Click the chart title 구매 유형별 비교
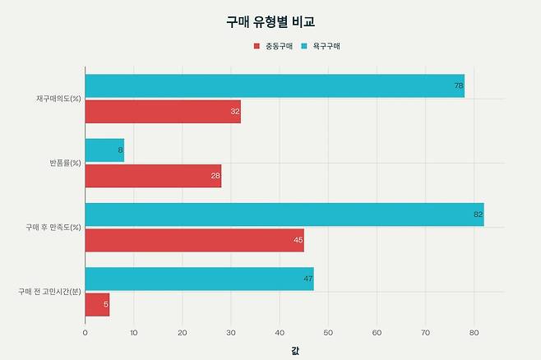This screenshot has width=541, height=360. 270,21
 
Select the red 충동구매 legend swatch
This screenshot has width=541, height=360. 257,46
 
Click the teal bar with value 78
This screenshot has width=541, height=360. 274,86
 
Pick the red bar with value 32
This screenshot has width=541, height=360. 162,112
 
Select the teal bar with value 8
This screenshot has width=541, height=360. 104,150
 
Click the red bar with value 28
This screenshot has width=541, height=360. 153,176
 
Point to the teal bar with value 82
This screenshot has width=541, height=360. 284,215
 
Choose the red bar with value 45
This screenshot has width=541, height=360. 194,240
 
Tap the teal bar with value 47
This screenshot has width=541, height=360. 199,279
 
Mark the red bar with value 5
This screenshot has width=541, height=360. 97,304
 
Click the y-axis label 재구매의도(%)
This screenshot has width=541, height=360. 58,99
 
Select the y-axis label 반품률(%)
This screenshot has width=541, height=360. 65,163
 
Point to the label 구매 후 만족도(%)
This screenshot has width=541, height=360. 53,227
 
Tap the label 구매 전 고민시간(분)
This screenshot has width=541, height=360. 49,291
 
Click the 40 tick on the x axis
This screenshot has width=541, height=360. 280,333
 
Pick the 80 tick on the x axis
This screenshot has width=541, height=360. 474,333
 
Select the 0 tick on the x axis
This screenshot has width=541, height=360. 86,333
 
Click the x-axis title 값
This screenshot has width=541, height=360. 294,351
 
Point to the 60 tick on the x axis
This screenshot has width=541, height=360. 377,333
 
